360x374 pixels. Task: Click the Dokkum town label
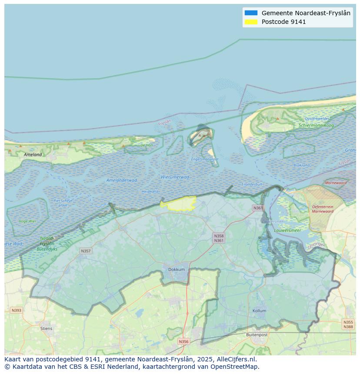[177, 269]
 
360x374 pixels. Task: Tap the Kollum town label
[259, 311]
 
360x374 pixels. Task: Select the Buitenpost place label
[257, 335]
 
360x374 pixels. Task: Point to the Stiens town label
[46, 328]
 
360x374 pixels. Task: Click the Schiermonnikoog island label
[316, 125]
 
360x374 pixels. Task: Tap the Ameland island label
[33, 154]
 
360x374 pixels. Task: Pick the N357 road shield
[86, 251]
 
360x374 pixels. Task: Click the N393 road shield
[16, 310]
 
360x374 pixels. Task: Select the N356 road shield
[184, 341]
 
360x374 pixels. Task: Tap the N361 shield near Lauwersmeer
[258, 208]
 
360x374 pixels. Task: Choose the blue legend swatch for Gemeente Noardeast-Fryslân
[251, 13]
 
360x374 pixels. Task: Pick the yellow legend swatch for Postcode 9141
[251, 22]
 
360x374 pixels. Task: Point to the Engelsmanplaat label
[205, 159]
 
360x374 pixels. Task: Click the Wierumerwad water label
[175, 177]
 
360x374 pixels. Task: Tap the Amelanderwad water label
[122, 180]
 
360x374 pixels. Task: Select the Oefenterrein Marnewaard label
[323, 209]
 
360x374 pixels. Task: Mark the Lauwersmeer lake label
[287, 230]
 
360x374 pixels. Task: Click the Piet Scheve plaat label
[63, 202]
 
